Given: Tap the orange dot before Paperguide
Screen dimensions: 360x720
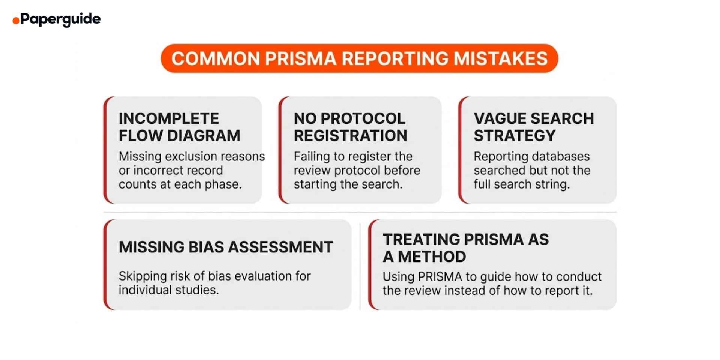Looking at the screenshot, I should [x=16, y=21].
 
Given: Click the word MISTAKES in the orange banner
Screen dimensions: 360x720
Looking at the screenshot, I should [x=500, y=58].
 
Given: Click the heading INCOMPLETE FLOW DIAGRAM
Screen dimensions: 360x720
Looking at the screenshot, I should [x=179, y=127].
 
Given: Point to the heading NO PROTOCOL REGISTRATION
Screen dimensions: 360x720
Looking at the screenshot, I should [x=350, y=127].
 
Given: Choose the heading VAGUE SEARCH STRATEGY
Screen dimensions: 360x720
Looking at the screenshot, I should [x=533, y=127].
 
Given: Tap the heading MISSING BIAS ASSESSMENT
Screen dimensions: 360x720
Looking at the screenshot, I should [x=226, y=247].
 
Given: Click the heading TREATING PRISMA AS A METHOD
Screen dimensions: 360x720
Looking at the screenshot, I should [x=465, y=248].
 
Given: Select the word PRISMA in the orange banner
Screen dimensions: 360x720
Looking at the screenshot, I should [x=300, y=58].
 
